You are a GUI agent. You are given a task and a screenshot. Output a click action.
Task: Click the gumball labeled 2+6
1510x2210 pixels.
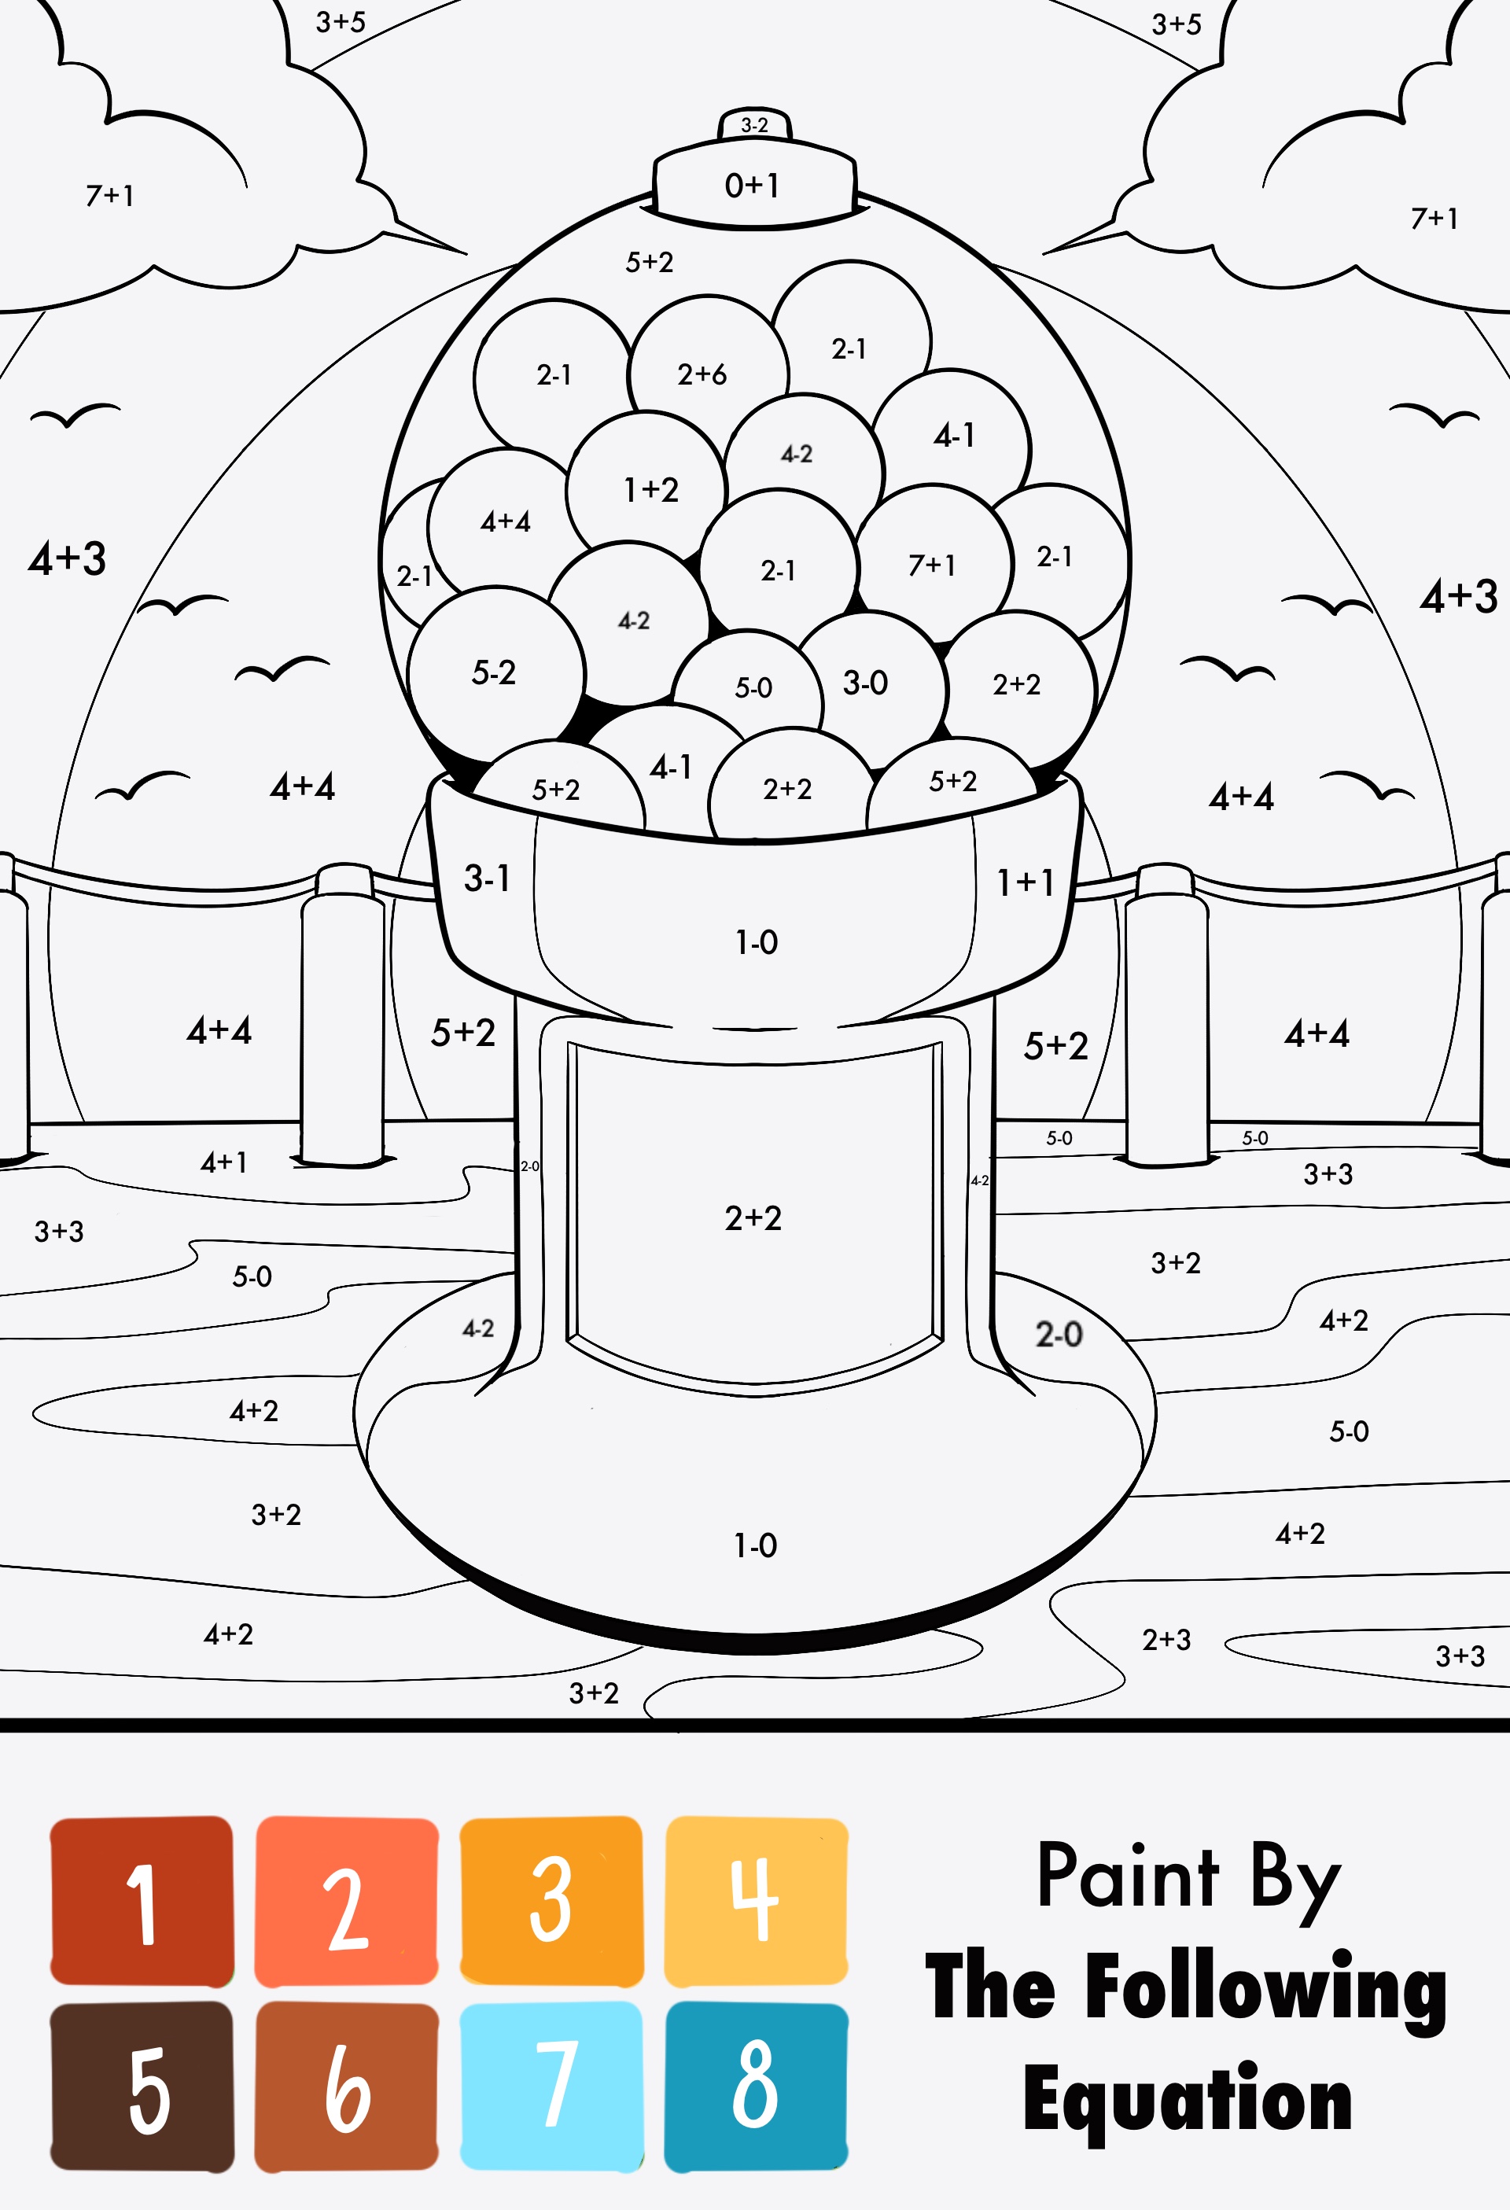tap(703, 374)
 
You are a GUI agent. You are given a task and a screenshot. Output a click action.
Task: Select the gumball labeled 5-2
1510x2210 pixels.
tap(494, 672)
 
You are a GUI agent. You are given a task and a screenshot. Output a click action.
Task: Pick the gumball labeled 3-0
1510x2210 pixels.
tap(865, 682)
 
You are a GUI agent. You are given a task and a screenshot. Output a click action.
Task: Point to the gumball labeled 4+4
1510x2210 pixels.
tap(505, 521)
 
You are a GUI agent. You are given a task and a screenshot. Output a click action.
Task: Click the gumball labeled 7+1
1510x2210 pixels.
tap(932, 565)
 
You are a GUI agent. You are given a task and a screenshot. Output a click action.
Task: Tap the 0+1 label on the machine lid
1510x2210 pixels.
tap(752, 185)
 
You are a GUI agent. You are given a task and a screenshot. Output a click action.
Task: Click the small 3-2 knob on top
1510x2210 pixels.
tap(754, 124)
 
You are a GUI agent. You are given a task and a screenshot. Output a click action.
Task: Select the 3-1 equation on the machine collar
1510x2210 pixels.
tap(487, 878)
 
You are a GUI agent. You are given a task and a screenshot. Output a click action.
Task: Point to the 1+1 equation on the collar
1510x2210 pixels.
tap(1025, 882)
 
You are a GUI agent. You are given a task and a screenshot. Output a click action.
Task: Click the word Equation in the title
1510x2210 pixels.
tap(1188, 2101)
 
